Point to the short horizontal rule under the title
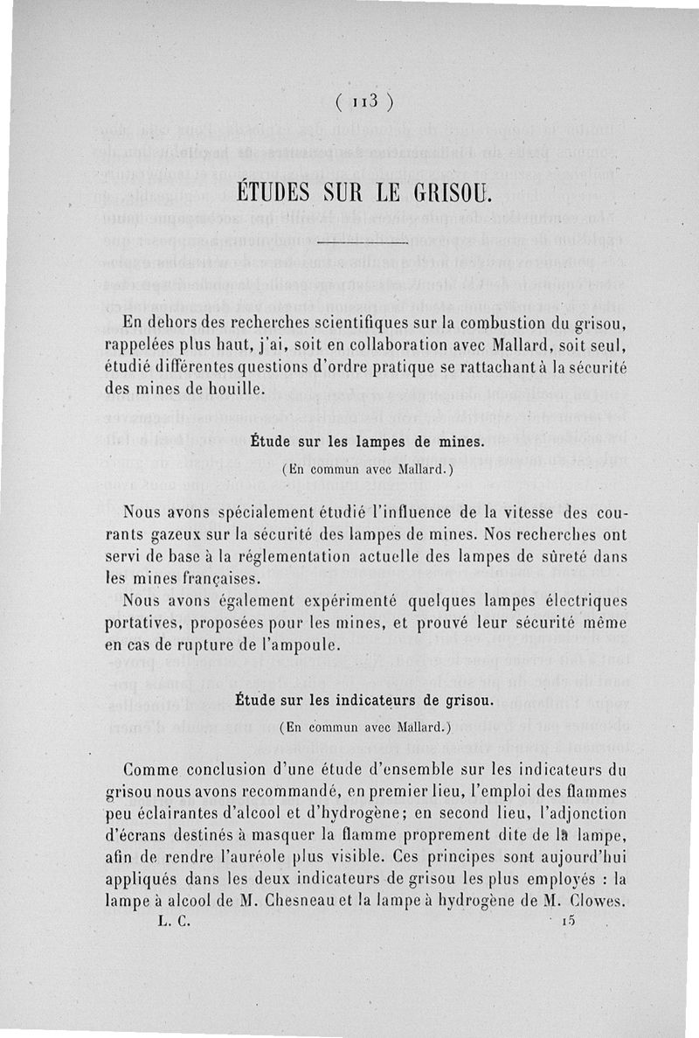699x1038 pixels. [x=362, y=240]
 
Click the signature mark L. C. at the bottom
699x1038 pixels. [x=174, y=920]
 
